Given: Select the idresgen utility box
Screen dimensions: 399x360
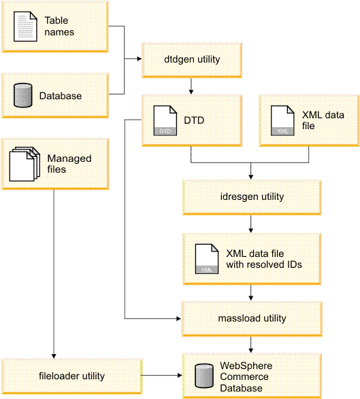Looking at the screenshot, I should [x=252, y=196].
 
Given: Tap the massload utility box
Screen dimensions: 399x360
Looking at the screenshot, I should [x=252, y=317].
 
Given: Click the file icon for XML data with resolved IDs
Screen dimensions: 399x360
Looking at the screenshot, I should [x=205, y=259].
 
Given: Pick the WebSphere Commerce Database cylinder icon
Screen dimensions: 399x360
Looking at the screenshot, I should [x=202, y=375].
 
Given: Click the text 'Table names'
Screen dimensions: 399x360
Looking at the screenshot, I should [x=60, y=27].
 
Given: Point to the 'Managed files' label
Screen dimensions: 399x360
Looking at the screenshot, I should [x=69, y=163].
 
